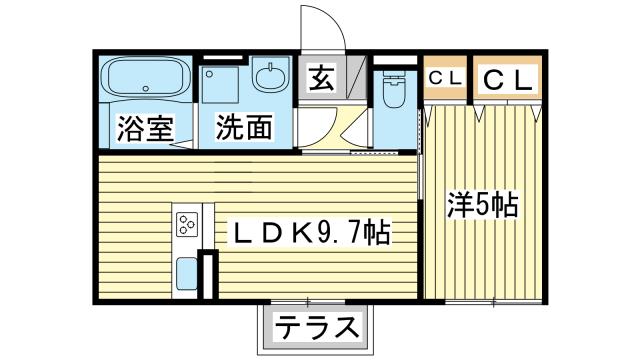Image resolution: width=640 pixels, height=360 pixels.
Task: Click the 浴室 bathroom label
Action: (144, 128)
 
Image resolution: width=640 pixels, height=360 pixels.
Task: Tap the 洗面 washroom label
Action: (243, 128)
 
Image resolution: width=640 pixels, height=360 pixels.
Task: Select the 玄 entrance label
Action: (321, 77)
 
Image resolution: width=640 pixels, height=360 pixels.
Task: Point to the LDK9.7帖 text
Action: (311, 234)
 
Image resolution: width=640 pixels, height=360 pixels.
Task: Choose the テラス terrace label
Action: (315, 326)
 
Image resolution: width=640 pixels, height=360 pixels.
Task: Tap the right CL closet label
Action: (506, 77)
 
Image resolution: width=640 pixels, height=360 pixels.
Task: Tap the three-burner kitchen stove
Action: (187, 225)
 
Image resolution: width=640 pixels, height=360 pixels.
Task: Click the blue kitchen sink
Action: (187, 272)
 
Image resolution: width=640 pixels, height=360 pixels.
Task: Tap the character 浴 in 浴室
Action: (130, 128)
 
